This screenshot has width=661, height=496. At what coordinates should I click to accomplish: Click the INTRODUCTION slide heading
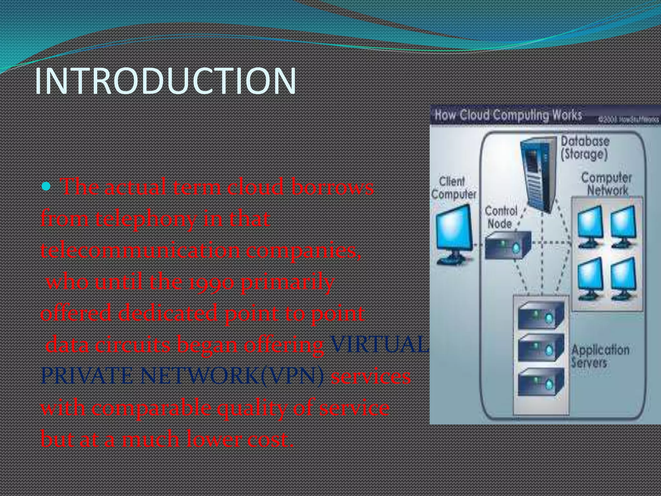tap(165, 81)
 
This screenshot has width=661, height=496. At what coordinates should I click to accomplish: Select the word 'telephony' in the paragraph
tap(146, 219)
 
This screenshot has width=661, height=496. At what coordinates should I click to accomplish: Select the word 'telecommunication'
tap(140, 251)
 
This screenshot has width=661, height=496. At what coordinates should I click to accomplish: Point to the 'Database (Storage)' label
tap(585, 148)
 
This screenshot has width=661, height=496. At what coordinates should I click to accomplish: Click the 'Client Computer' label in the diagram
tap(453, 188)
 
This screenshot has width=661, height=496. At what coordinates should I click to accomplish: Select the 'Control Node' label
tap(501, 217)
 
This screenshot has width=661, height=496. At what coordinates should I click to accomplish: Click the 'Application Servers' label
tap(600, 356)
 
